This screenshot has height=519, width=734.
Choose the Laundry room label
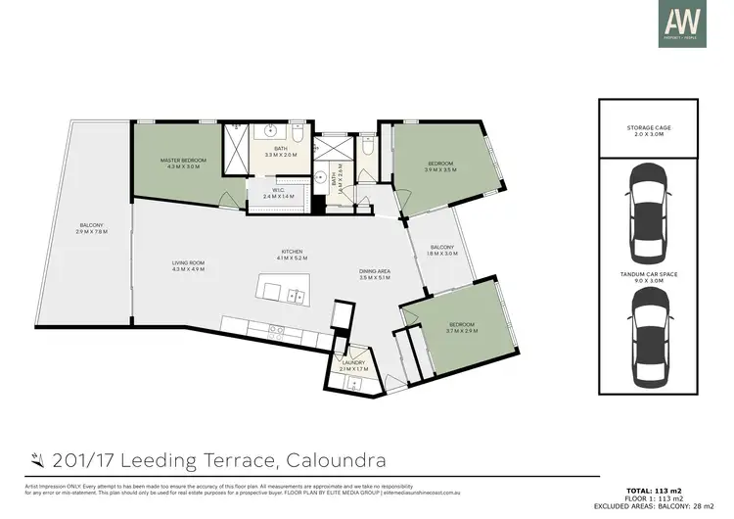point(353,365)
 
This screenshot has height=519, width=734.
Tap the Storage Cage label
point(650,131)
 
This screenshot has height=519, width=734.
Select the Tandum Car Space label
point(650,278)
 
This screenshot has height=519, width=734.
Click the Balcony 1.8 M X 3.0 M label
point(442,250)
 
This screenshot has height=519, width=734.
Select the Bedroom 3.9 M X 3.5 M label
point(441,166)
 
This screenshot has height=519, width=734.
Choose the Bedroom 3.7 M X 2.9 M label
point(460,328)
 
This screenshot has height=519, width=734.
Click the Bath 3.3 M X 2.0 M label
point(281,152)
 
